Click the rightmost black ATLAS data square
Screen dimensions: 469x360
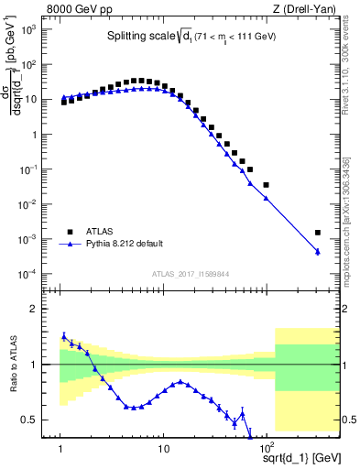(x=318, y=233)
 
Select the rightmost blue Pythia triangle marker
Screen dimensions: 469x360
(x=318, y=252)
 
